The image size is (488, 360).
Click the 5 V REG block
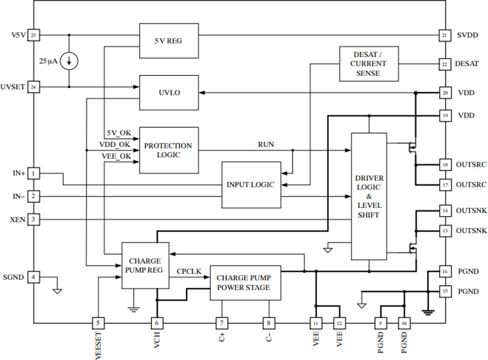[169, 41]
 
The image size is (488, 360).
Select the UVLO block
[169, 93]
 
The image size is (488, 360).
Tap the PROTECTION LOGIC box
[169, 150]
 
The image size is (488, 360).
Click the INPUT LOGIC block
[251, 185]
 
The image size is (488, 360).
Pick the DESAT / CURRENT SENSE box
[369, 64]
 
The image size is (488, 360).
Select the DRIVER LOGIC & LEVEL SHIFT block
[369, 196]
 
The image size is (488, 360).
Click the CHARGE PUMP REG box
[145, 266]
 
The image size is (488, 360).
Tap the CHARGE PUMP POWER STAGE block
[245, 283]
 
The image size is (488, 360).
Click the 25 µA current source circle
[69, 61]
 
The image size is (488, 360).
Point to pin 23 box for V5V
[33, 35]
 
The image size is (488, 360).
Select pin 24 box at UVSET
[33, 87]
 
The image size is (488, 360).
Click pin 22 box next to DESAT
[445, 64]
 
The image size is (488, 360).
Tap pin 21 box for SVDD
[445, 35]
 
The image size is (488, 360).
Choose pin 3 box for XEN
[33, 220]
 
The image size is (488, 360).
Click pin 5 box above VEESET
[98, 323]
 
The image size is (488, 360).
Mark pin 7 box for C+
[222, 323]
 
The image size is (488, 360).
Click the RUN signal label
[266, 145]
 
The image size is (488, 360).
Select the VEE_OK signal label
[116, 156]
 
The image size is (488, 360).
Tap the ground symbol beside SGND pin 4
[57, 290]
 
